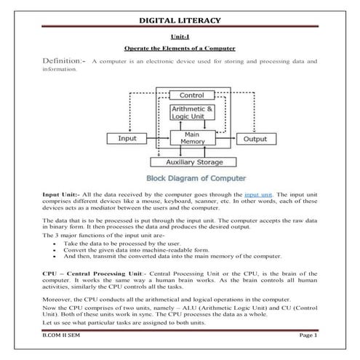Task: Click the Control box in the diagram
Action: [191, 95]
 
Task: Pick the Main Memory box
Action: [191, 137]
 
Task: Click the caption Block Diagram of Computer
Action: [196, 178]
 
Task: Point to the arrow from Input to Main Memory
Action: [159, 137]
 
